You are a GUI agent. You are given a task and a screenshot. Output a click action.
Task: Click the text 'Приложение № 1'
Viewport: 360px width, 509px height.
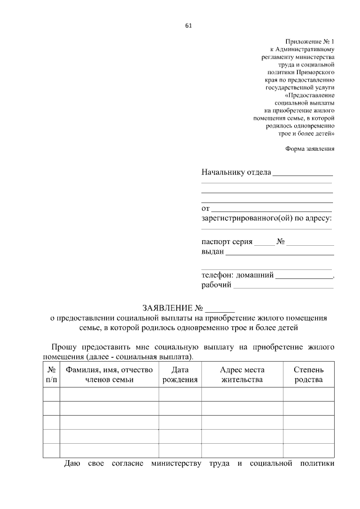pyautogui.click(x=310, y=42)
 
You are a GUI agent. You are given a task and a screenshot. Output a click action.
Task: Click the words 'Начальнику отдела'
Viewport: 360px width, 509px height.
pyautogui.click(x=236, y=172)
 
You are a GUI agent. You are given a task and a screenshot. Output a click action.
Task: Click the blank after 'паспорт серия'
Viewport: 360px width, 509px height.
pyautogui.click(x=264, y=243)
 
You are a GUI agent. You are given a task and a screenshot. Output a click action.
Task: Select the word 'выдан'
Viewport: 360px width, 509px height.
pyautogui.click(x=213, y=253)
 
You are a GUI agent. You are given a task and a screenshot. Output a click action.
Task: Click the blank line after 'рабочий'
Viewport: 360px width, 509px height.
pyautogui.click(x=283, y=286)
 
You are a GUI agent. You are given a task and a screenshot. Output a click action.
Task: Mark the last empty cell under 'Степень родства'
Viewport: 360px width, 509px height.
pyautogui.click(x=308, y=450)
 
